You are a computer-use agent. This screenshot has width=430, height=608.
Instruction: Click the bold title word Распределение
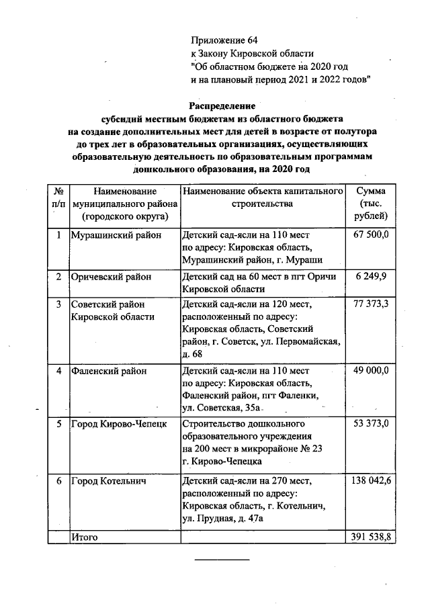click(x=222, y=105)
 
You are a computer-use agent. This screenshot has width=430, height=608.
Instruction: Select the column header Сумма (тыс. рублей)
click(x=371, y=204)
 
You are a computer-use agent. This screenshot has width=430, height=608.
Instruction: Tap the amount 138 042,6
click(x=372, y=480)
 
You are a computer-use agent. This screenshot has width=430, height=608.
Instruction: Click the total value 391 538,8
click(x=372, y=537)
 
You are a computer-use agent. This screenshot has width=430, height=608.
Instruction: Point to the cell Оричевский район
click(x=112, y=276)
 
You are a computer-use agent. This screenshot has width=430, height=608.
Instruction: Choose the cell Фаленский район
click(x=108, y=370)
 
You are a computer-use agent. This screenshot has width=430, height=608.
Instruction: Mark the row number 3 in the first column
click(x=58, y=304)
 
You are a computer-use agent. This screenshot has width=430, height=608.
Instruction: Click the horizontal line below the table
click(x=222, y=559)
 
